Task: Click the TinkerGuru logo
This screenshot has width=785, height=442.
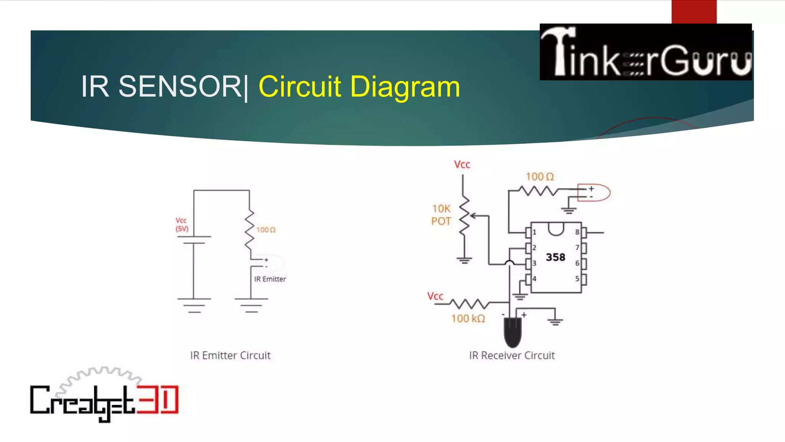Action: tap(645, 52)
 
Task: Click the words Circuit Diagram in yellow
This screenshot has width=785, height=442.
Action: tap(359, 87)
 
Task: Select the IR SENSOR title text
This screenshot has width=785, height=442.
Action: tap(161, 87)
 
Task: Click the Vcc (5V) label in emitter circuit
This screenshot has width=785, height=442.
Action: tap(182, 225)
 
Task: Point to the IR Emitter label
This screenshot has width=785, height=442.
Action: tap(270, 279)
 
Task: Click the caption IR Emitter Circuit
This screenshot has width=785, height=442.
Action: tap(230, 355)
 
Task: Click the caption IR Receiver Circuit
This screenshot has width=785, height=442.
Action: tap(512, 355)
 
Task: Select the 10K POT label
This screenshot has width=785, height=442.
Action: tap(441, 215)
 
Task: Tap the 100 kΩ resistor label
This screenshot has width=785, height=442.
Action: tap(468, 318)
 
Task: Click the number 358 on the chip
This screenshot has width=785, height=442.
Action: tap(555, 257)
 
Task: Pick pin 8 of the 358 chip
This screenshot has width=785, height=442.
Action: tap(584, 232)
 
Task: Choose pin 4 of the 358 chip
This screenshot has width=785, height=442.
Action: tap(529, 279)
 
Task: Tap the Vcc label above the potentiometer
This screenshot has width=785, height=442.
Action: tap(462, 165)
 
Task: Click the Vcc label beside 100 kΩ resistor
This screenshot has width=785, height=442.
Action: tap(435, 296)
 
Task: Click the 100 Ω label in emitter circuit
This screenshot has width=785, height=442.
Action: tap(266, 230)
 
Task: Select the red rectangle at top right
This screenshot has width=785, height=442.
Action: tap(694, 12)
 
